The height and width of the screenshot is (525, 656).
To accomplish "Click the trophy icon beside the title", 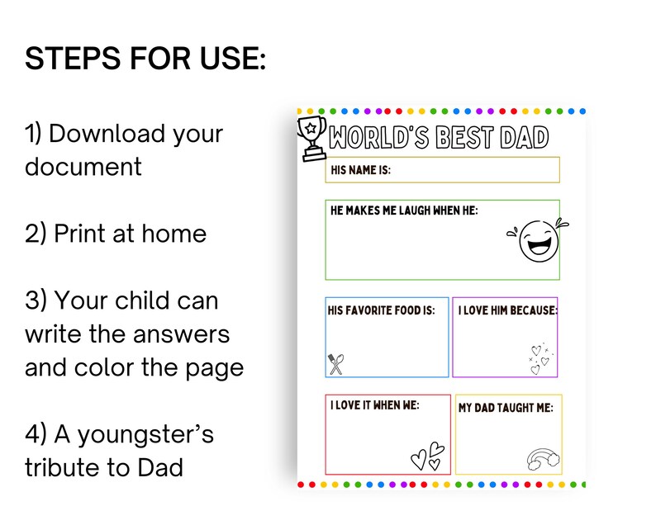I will point(311,138).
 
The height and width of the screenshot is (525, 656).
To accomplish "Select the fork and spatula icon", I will point(335,363).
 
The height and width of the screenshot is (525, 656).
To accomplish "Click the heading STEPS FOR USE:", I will point(145,59).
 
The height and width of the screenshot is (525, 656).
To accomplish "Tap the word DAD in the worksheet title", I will point(522,137).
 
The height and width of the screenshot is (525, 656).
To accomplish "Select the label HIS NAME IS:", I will point(360,170).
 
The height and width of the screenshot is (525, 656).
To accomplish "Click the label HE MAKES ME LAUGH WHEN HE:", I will point(404,211).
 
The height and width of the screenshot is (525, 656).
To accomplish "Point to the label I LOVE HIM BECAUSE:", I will point(507,310).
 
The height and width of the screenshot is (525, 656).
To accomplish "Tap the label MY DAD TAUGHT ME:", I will point(506,408).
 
